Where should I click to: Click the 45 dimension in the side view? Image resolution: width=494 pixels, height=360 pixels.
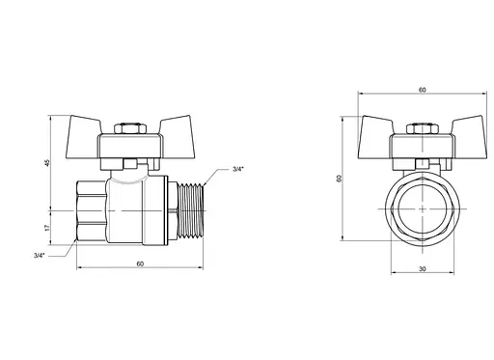[x=47, y=163]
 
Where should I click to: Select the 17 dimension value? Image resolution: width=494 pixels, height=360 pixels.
[x=47, y=228]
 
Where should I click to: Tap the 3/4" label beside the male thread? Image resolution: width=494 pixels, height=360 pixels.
[x=238, y=169]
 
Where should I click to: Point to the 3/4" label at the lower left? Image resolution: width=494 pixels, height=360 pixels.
[x=40, y=256]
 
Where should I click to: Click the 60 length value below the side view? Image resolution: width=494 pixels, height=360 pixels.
[x=140, y=263]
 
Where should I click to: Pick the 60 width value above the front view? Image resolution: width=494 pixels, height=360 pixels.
[x=423, y=90]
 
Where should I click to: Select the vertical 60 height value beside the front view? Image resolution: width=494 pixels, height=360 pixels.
[x=339, y=179]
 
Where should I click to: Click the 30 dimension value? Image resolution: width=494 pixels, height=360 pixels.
[x=423, y=268]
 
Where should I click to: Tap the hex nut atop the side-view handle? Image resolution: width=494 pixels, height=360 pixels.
[x=129, y=128]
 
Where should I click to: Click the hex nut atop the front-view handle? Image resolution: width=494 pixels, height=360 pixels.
[x=423, y=128]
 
